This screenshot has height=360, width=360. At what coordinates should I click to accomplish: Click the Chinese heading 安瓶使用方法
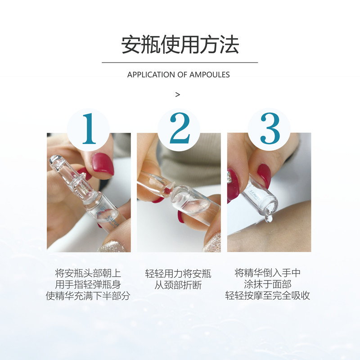click(180, 45)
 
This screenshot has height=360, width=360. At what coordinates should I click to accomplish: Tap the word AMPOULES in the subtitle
click(209, 75)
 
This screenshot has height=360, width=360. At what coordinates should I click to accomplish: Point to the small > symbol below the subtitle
click(177, 94)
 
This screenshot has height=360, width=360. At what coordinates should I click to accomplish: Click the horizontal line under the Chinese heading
click(180, 63)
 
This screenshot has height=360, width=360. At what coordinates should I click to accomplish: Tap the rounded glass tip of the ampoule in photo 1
click(56, 161)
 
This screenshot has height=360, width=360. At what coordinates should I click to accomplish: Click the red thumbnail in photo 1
click(103, 164)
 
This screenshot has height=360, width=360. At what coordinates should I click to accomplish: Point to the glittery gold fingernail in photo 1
click(112, 246)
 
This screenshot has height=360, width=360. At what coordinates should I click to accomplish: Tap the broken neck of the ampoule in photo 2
click(169, 189)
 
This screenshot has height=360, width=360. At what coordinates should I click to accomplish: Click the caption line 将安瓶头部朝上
click(88, 274)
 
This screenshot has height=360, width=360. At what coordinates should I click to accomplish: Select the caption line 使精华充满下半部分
click(88, 296)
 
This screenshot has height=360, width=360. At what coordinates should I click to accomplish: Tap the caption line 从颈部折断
click(178, 285)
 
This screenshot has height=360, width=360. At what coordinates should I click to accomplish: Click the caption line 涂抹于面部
click(268, 284)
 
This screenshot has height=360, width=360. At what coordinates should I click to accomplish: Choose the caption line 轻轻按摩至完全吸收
click(268, 296)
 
